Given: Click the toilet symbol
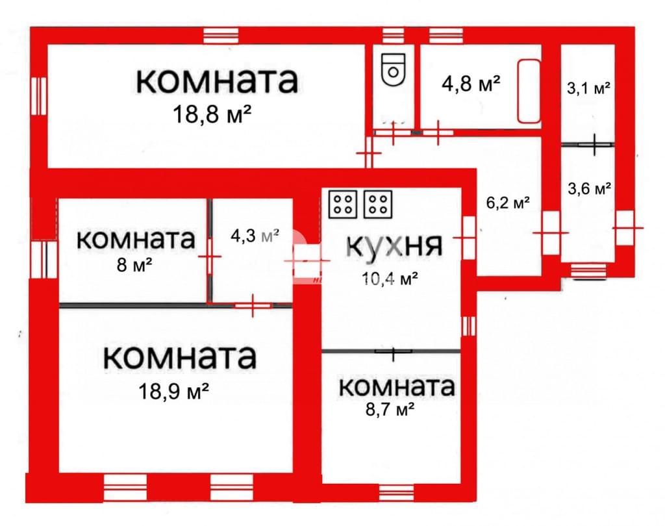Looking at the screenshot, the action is tap(393, 70).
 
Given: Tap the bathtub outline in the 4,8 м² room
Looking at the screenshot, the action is tap(529, 91).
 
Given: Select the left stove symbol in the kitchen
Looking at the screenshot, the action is tap(343, 204).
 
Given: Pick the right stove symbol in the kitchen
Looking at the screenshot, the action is tap(378, 204).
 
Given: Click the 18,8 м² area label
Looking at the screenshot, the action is tap(212, 114).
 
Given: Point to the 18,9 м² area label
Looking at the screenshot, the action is tap(174, 391).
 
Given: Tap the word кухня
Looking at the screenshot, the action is tap(394, 245).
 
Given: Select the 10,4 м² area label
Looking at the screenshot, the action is tap(390, 279).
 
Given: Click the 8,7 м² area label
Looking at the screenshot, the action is tap(390, 410).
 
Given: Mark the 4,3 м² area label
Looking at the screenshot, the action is tap(255, 236).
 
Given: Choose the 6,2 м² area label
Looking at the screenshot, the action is tap(508, 203).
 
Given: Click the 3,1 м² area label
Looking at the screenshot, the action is tap(588, 89).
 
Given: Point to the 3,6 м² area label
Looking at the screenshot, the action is tap(590, 188).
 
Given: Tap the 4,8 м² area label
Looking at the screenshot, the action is tap(471, 84).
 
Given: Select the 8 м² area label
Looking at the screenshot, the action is tap(134, 266).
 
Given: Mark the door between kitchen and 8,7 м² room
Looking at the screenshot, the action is tap(393, 351).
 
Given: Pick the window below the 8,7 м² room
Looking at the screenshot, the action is tap(396, 492).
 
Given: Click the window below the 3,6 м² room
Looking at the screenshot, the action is tap(588, 271).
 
